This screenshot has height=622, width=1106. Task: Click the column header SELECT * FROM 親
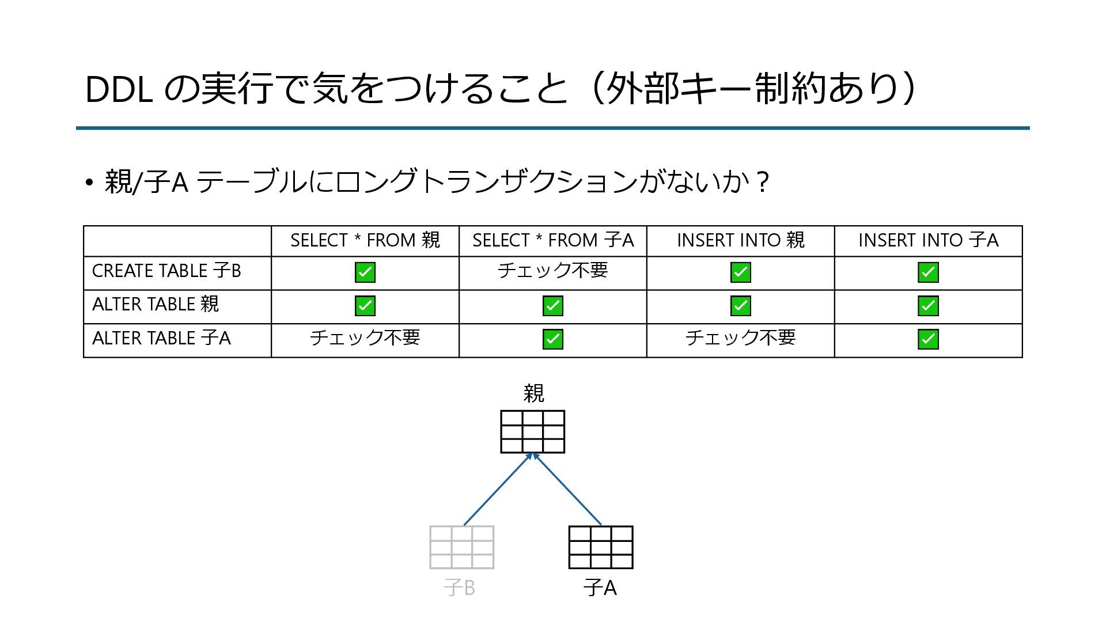(365, 240)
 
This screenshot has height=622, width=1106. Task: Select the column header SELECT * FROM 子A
(552, 240)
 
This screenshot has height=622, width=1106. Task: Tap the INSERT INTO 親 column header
(740, 240)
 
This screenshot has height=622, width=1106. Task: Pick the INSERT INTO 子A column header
(928, 240)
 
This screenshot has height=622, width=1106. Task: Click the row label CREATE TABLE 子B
(166, 271)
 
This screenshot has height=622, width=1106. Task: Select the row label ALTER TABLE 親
(156, 304)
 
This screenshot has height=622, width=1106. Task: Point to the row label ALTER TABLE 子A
(161, 338)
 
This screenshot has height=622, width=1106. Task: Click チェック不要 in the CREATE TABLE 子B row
(552, 270)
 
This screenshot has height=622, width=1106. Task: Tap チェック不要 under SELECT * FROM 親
(365, 337)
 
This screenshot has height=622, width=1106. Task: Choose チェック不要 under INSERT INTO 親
(740, 337)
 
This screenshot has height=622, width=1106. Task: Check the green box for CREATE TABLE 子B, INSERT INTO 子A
(928, 272)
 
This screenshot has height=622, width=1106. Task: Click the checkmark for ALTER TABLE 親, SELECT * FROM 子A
(552, 306)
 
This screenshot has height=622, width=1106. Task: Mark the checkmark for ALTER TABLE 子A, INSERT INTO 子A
(928, 339)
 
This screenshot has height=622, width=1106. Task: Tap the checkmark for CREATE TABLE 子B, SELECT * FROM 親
(365, 272)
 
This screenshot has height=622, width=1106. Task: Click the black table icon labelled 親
(532, 432)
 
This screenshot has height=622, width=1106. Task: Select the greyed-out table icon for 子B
(461, 547)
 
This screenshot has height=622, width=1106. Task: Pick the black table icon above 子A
(600, 547)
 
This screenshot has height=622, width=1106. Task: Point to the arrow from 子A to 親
(567, 490)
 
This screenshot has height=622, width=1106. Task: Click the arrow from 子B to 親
(498, 490)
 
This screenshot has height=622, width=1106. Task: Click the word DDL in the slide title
(119, 90)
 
